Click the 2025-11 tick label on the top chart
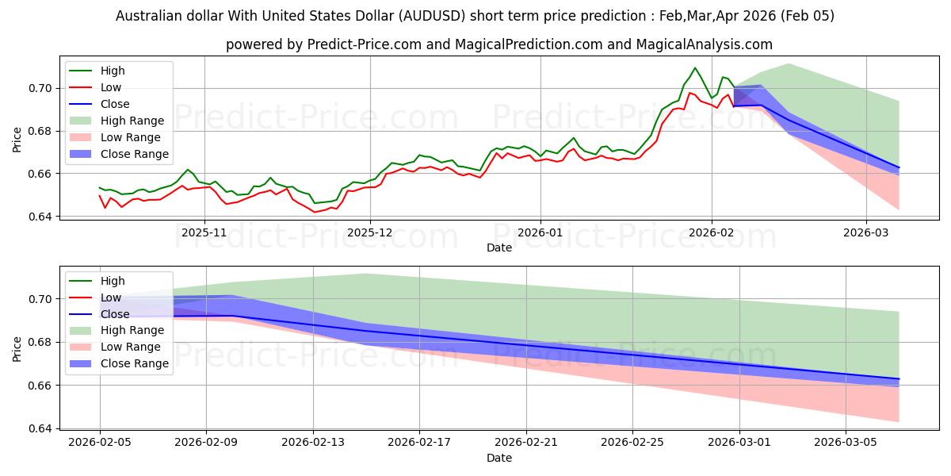[x=205, y=232]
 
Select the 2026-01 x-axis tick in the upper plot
[x=540, y=232]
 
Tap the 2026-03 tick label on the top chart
[x=866, y=232]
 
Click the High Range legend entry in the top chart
[x=132, y=121]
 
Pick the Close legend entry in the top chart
[x=116, y=104]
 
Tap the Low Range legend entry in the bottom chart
[x=130, y=347]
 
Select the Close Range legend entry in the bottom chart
[x=134, y=363]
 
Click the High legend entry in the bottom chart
[x=113, y=281]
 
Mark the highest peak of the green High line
[x=695, y=68]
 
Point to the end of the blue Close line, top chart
[x=899, y=167]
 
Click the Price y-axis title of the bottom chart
[x=17, y=349]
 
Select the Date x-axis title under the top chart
[x=499, y=248]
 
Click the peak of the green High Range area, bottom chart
[x=366, y=274]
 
